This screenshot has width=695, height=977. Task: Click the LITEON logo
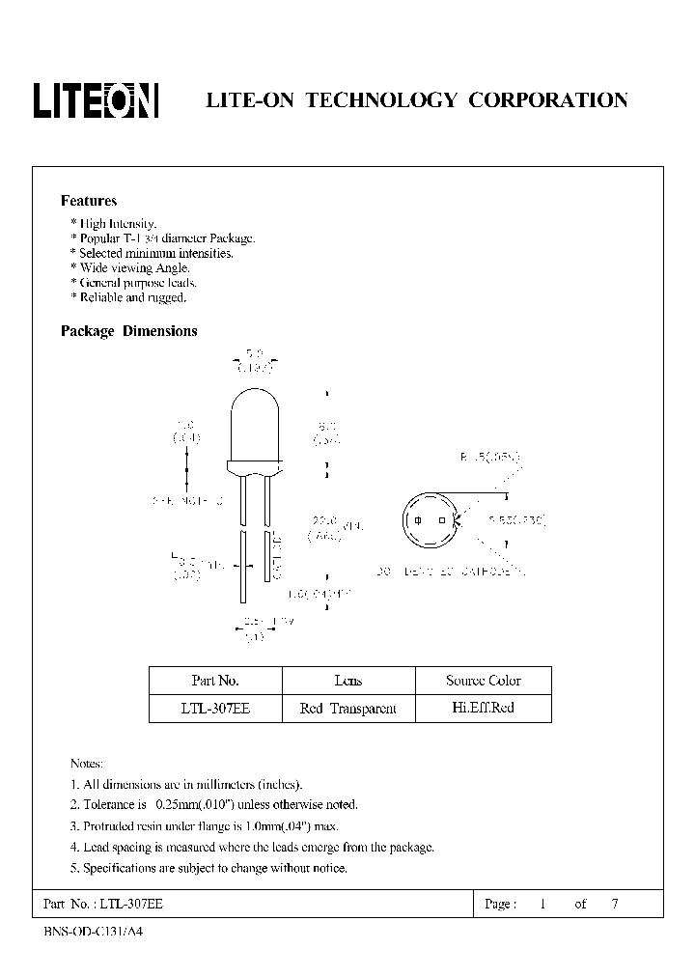(96, 100)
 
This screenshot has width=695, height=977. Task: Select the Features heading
(89, 201)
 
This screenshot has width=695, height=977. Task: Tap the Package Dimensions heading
(128, 330)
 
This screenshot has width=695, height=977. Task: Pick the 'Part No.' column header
(215, 681)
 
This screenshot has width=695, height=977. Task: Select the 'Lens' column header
(347, 681)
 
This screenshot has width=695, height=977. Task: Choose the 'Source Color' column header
(483, 681)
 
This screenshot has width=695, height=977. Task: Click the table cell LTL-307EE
(215, 709)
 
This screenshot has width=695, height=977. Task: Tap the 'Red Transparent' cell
(347, 709)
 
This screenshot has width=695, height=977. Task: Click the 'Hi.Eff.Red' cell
(483, 708)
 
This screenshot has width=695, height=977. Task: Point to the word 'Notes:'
(87, 763)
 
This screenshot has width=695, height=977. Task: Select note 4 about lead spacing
(252, 847)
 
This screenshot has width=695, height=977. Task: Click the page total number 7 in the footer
(615, 905)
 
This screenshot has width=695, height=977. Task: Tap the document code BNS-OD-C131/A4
(99, 933)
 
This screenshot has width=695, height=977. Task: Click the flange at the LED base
(256, 467)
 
